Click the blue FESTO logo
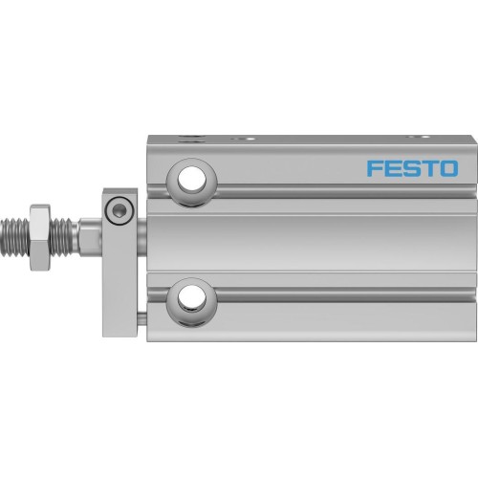point(411,170)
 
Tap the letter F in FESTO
point(375,170)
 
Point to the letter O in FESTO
point(447,170)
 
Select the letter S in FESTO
point(411,170)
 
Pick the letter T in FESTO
point(429,170)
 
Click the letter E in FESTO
point(393,170)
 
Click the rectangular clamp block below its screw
point(119,268)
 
